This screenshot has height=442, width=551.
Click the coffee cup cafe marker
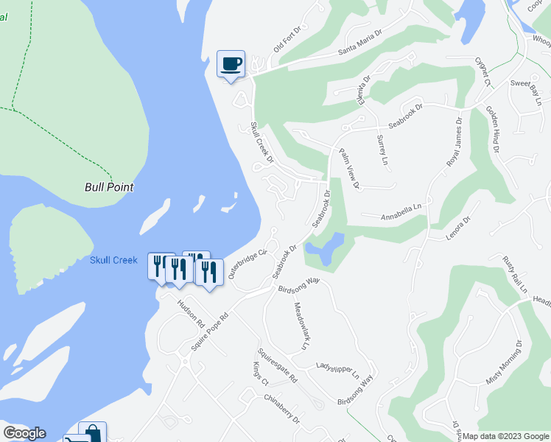[x=231, y=64]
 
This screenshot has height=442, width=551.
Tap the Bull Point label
[x=109, y=187]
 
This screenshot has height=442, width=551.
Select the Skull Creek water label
[x=113, y=260]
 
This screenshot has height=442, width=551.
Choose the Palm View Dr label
[x=348, y=169]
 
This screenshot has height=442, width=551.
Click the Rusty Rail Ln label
[x=514, y=274]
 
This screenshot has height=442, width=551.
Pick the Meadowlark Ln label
[x=303, y=326]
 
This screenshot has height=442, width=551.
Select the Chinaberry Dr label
[x=281, y=407]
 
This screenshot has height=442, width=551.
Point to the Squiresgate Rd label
[x=277, y=365]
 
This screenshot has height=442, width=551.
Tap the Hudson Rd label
[x=190, y=313]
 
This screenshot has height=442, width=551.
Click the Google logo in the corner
[x=24, y=433]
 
